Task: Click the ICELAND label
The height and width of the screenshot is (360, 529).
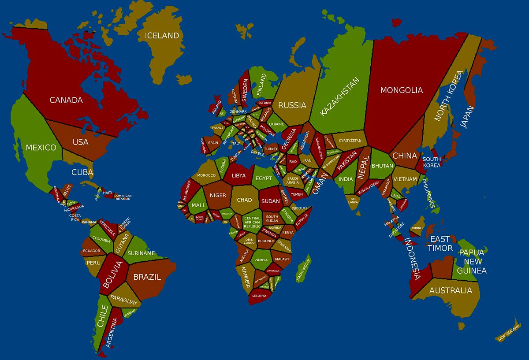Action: tap(162, 36)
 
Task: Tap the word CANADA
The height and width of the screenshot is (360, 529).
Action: tap(66, 100)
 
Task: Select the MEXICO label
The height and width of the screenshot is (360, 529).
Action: tap(41, 147)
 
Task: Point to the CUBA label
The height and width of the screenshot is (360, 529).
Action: tap(82, 172)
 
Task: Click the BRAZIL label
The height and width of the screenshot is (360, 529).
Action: tap(147, 277)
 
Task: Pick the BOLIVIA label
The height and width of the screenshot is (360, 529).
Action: tap(112, 274)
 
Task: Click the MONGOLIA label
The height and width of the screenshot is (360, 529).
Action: tap(401, 90)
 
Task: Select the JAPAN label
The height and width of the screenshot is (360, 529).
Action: tap(467, 117)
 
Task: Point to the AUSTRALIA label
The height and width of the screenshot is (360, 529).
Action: tap(451, 290)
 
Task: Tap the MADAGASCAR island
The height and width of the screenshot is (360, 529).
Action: tap(303, 268)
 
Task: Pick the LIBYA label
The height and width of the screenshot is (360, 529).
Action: tap(238, 175)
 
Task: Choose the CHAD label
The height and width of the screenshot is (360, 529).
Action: tap(244, 200)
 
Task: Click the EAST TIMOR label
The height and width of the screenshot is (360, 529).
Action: tap(440, 244)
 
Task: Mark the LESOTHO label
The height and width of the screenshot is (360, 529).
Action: tap(259, 296)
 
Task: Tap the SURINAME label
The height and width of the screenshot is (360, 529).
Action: tap(141, 253)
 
